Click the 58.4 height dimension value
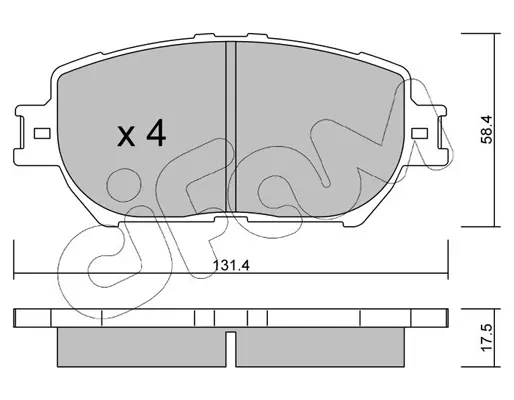click(486, 129)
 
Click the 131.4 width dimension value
click(231, 266)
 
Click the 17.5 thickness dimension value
click(487, 338)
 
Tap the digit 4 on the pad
click(156, 133)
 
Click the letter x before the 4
click(126, 137)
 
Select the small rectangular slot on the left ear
click(42, 134)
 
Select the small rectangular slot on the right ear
click(420, 133)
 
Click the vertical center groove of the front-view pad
click(231, 127)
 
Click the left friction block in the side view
click(142, 347)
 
